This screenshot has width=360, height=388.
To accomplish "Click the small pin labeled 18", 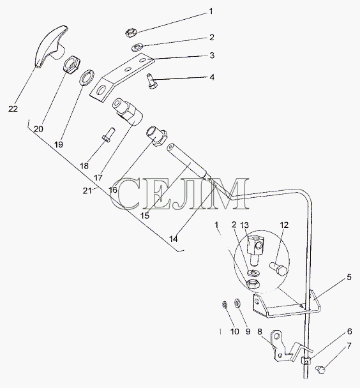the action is [109, 135].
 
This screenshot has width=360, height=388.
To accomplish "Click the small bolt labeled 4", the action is [151, 80].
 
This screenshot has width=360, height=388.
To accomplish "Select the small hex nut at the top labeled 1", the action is [130, 33].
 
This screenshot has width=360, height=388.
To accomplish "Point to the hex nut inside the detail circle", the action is [253, 283].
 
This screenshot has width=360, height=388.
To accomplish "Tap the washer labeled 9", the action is [237, 303].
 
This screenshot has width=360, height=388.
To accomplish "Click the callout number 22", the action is [13, 108].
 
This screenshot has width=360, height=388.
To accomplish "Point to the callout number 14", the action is [174, 239].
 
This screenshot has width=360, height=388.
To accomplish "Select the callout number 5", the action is [349, 277].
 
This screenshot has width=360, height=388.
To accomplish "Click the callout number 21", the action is [87, 191].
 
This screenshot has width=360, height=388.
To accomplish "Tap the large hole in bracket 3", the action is [101, 91].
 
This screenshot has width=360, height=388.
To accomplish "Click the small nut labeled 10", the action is [225, 305].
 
